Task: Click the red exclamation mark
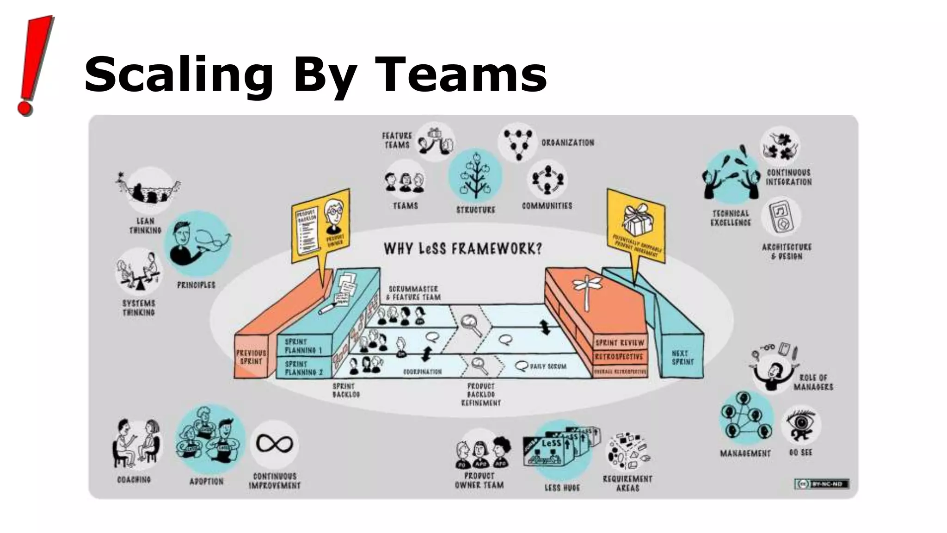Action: [x=35, y=65]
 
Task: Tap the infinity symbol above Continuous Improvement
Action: [x=275, y=444]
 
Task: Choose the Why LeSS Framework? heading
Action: [x=462, y=249]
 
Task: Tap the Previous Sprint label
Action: [x=251, y=357]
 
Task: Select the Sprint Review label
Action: [x=620, y=343]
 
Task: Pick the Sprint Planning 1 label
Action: [x=303, y=346]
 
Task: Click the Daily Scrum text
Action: [x=548, y=366]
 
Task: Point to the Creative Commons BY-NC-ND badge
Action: [x=822, y=484]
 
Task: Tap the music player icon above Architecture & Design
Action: [x=781, y=216]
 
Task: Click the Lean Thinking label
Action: [x=145, y=226]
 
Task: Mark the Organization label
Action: [x=568, y=143]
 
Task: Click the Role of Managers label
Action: [x=813, y=382]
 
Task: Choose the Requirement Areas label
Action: [x=627, y=483]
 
